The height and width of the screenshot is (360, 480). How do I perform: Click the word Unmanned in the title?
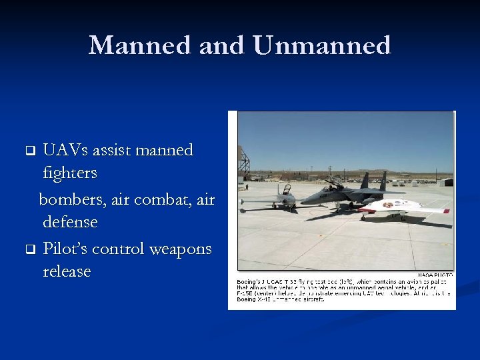coord(322,45)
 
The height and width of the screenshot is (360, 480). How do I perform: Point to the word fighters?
coord(70,173)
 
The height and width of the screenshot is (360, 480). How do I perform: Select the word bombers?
coord(71,199)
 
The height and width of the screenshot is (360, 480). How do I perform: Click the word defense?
coord(70,221)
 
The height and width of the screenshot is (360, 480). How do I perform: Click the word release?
coord(67,272)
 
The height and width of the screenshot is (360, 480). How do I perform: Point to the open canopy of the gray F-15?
coord(335,181)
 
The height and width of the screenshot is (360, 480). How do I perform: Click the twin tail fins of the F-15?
coord(373,181)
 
